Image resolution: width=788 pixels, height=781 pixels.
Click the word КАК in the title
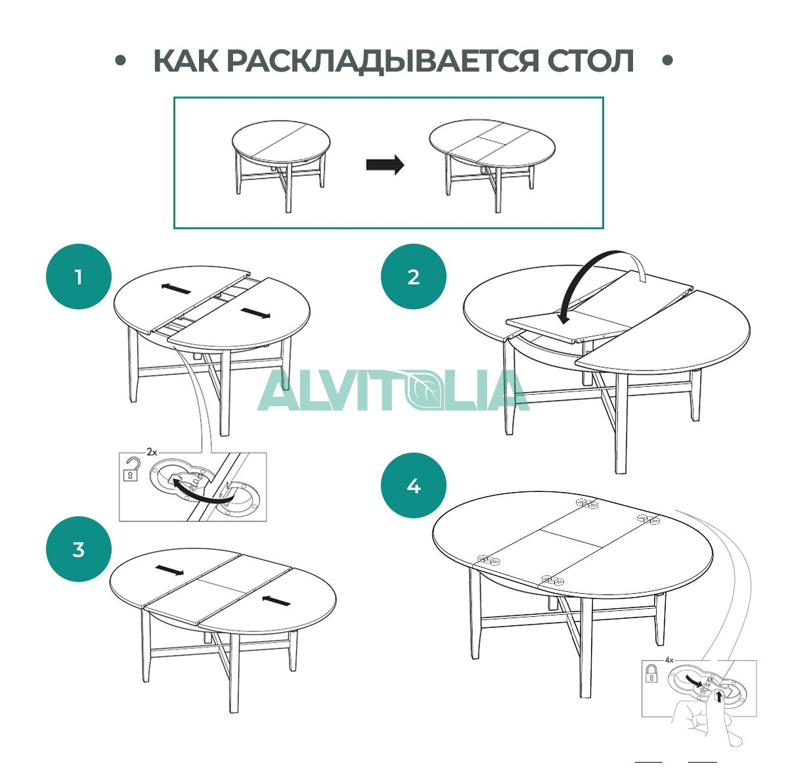[x=186, y=61]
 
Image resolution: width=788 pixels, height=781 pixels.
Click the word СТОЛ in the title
[x=590, y=61]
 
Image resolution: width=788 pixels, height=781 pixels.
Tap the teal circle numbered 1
[x=79, y=277]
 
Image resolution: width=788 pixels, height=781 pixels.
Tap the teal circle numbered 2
[x=414, y=277]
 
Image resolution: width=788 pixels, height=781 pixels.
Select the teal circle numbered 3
[x=79, y=549]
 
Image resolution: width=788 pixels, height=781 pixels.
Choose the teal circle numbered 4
[x=414, y=485]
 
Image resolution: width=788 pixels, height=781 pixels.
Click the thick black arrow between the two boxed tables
[x=385, y=164]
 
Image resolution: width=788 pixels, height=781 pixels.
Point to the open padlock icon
[x=131, y=469]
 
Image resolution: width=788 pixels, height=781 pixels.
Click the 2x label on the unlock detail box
[x=152, y=452]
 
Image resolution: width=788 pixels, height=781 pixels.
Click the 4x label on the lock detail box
[x=669, y=660]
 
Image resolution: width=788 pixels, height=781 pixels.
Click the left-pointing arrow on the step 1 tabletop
[x=176, y=288]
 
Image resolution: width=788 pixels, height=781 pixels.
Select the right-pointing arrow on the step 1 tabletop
[x=255, y=313]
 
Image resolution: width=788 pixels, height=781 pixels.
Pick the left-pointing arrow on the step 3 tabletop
[x=276, y=600]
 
